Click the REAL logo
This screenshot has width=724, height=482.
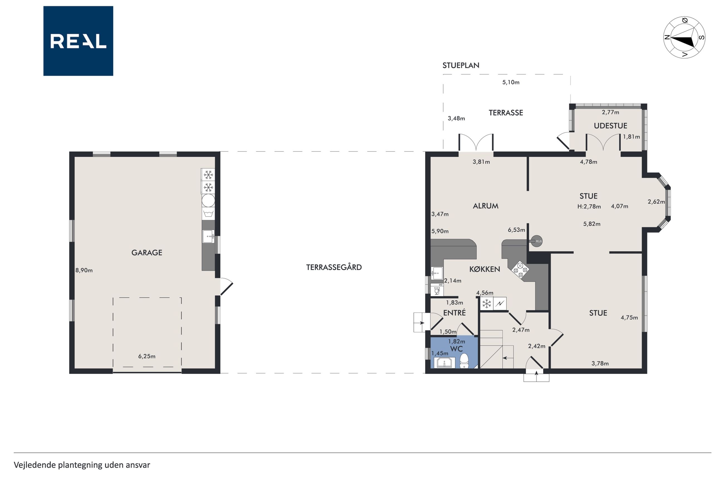click(x=78, y=41)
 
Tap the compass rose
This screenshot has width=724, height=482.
click(x=684, y=38)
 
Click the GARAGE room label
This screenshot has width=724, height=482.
click(x=147, y=252)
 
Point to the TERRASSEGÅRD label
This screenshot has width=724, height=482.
click(x=334, y=267)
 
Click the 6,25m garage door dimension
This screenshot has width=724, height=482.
click(x=147, y=356)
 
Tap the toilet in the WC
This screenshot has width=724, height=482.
click(x=464, y=361)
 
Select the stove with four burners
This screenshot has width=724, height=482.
click(x=520, y=270)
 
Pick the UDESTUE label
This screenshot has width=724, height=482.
click(x=610, y=125)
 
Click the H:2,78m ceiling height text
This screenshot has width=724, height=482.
click(x=589, y=207)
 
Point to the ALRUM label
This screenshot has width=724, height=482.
click(x=486, y=206)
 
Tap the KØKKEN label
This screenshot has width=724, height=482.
click(x=485, y=269)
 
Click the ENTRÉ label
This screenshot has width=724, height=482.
click(x=454, y=313)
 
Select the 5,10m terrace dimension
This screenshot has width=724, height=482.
click(x=511, y=82)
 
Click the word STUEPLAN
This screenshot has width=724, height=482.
click(x=461, y=65)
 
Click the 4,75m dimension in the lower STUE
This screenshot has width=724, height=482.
click(x=629, y=318)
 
